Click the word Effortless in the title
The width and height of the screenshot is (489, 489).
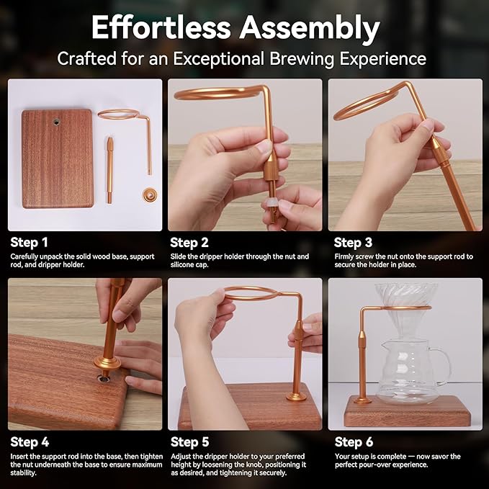161,27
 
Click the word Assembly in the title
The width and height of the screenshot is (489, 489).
310,29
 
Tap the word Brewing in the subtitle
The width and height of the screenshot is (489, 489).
302,59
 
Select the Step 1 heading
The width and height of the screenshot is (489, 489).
29,243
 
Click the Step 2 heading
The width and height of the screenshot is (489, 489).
189,243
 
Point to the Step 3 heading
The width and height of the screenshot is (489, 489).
354,243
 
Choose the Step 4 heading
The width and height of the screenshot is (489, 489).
30,442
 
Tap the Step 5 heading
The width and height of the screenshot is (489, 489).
189,442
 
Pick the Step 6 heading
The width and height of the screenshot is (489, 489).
354,442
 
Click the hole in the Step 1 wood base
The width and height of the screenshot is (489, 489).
57,122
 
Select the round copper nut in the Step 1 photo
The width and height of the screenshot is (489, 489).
149,194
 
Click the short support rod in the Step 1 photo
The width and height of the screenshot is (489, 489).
109,170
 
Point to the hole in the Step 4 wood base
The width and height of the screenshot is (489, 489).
103,378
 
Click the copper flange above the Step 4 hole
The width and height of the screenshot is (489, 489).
107,363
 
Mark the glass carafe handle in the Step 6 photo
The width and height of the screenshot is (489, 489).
442,366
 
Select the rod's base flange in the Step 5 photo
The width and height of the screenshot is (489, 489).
296,397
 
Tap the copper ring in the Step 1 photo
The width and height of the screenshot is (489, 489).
119,114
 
